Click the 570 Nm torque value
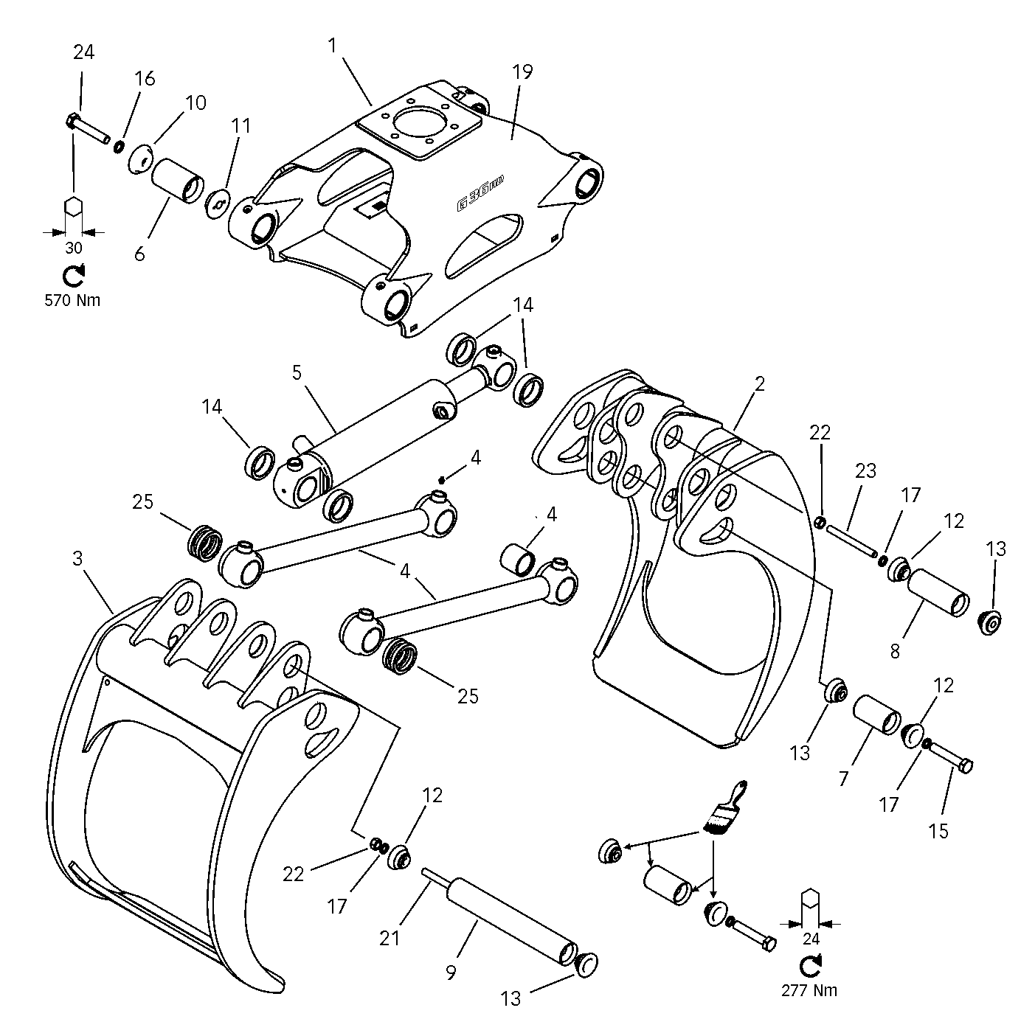click(72, 300)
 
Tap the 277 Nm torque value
click(810, 990)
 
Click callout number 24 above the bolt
click(83, 52)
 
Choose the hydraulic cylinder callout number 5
click(297, 372)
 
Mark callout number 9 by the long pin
click(451, 973)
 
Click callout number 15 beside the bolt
click(938, 830)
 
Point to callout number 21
click(390, 937)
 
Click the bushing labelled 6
click(177, 179)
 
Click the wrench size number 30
click(74, 248)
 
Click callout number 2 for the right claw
click(760, 383)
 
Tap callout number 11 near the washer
click(241, 125)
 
